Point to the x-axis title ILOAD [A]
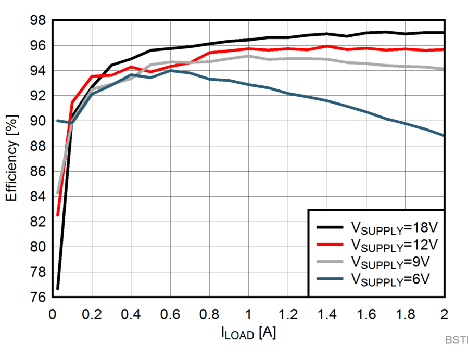pyautogui.click(x=248, y=333)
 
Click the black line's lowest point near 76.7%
pyautogui.click(x=57, y=288)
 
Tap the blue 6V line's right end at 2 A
pyautogui.click(x=444, y=135)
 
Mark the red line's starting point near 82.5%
pyautogui.click(x=57, y=215)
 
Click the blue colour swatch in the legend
pyautogui.click(x=330, y=278)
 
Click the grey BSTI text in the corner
pyautogui.click(x=456, y=340)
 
